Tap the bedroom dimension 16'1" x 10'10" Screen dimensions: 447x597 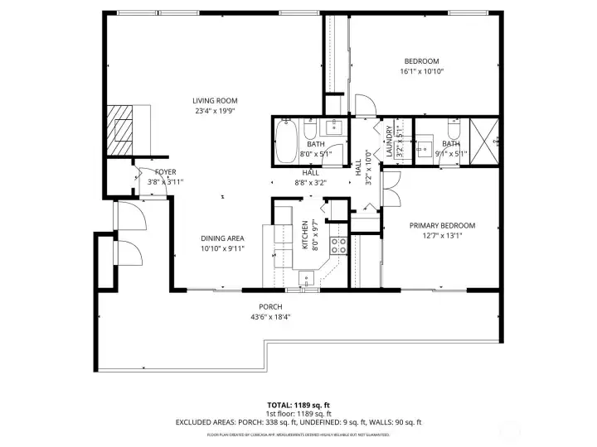(421, 71)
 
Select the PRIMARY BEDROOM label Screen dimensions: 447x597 (442, 225)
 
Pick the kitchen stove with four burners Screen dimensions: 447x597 (338, 245)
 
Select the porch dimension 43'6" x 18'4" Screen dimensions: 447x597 (270, 317)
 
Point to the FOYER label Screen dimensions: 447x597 (166, 172)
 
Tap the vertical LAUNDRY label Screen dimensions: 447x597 (389, 141)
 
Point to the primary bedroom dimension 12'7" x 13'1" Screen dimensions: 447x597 (442, 235)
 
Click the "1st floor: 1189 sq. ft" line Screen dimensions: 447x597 (298, 414)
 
